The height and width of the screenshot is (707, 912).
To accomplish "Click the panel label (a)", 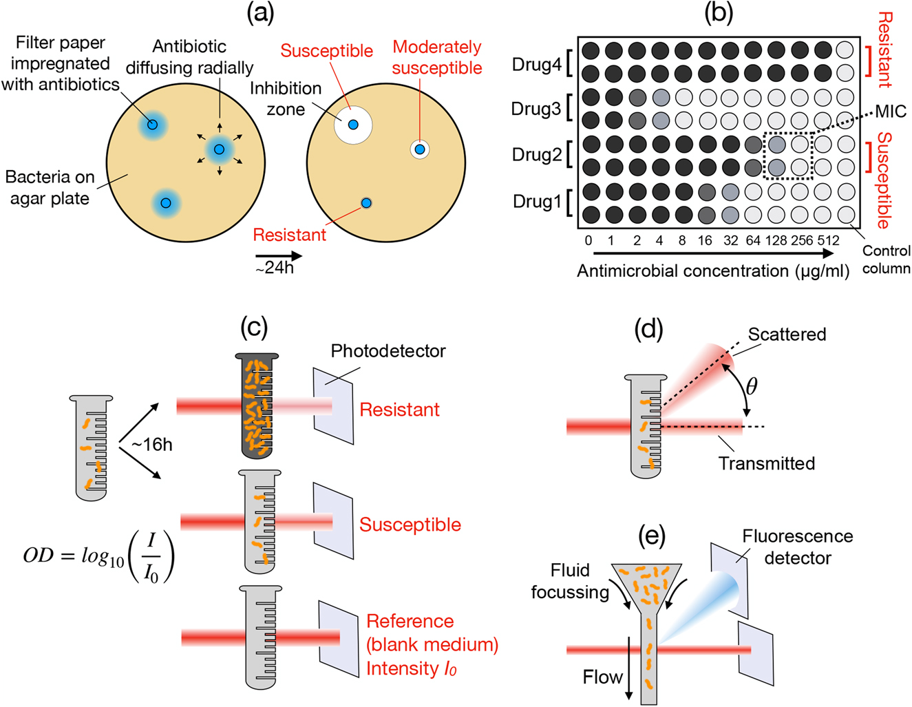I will pos(260,13).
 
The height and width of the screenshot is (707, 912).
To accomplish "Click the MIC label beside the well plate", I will pos(891,112).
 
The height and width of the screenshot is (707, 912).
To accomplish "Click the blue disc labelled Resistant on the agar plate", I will pos(366,202).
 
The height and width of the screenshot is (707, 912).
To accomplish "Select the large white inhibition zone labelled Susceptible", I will pos(353,125).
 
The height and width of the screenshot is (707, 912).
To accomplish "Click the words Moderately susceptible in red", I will pos(437,58).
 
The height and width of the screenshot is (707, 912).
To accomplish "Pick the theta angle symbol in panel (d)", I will pos(752,387).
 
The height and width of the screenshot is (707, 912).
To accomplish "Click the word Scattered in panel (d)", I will pos(787,335).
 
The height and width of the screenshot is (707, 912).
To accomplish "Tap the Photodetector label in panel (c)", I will pos(388,351).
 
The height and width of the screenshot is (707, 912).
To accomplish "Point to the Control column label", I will pos(887,260).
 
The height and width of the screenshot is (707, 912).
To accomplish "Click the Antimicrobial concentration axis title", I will pos(713,271).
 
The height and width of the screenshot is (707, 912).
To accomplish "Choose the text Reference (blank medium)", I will pos(432,633).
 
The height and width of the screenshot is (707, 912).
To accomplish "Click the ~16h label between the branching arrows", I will pos(151,445).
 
